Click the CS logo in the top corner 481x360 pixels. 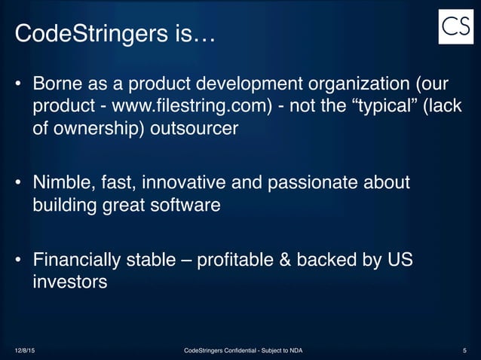[x=455, y=26]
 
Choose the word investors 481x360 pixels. [x=69, y=282]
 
